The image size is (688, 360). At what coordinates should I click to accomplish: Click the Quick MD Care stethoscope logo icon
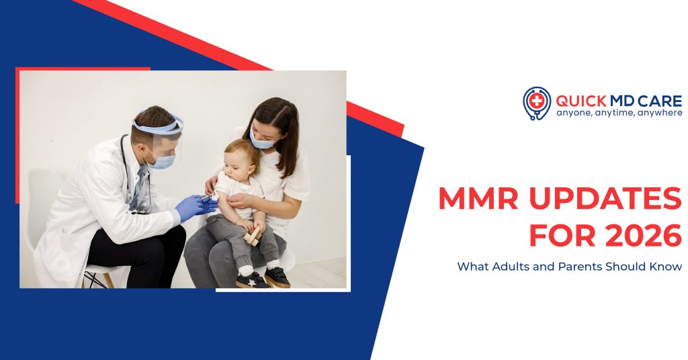click(x=536, y=103)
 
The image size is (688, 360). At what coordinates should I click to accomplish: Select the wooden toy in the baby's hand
click(x=253, y=234)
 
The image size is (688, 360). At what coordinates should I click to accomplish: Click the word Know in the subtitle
click(x=669, y=267)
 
